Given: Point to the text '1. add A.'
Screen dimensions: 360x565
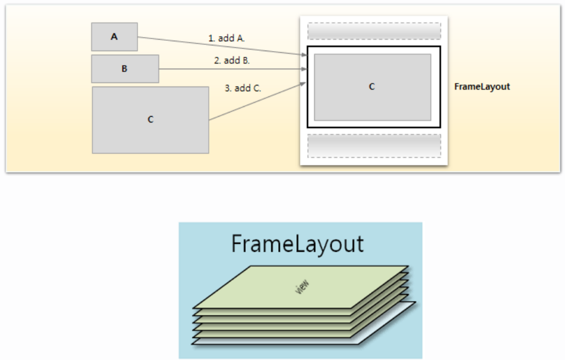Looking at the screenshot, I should tap(226, 38).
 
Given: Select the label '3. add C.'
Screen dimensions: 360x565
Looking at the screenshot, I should tap(243, 88).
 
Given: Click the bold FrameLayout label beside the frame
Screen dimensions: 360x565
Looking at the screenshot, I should tap(482, 87).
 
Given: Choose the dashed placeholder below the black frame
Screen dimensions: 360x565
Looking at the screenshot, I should tap(374, 146).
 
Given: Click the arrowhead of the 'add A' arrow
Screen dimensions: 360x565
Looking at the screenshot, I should tap(304, 55).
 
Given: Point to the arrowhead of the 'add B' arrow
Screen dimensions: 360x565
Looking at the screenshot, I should tap(304, 69).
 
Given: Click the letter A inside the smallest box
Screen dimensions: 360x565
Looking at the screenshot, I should tap(114, 37).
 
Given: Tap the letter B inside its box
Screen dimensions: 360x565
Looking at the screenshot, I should tap(125, 69).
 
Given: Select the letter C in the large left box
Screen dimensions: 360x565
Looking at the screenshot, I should tap(151, 120).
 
